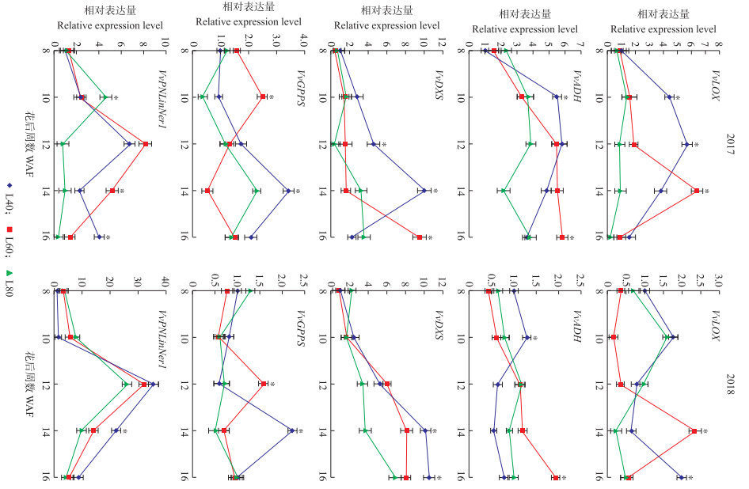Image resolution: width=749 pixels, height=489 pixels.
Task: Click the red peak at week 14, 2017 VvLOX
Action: tap(696, 191)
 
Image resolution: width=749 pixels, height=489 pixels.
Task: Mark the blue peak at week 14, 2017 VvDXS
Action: tap(424, 191)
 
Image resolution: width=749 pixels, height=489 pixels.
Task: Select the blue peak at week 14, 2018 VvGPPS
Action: tap(291, 430)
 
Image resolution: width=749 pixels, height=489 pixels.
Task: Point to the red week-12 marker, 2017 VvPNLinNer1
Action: tap(146, 144)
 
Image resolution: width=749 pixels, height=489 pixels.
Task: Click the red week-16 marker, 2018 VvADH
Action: tap(556, 477)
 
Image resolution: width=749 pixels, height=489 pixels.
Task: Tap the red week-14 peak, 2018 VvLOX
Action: tap(694, 431)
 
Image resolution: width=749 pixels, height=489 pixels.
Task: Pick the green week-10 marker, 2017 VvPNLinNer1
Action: tap(105, 97)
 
